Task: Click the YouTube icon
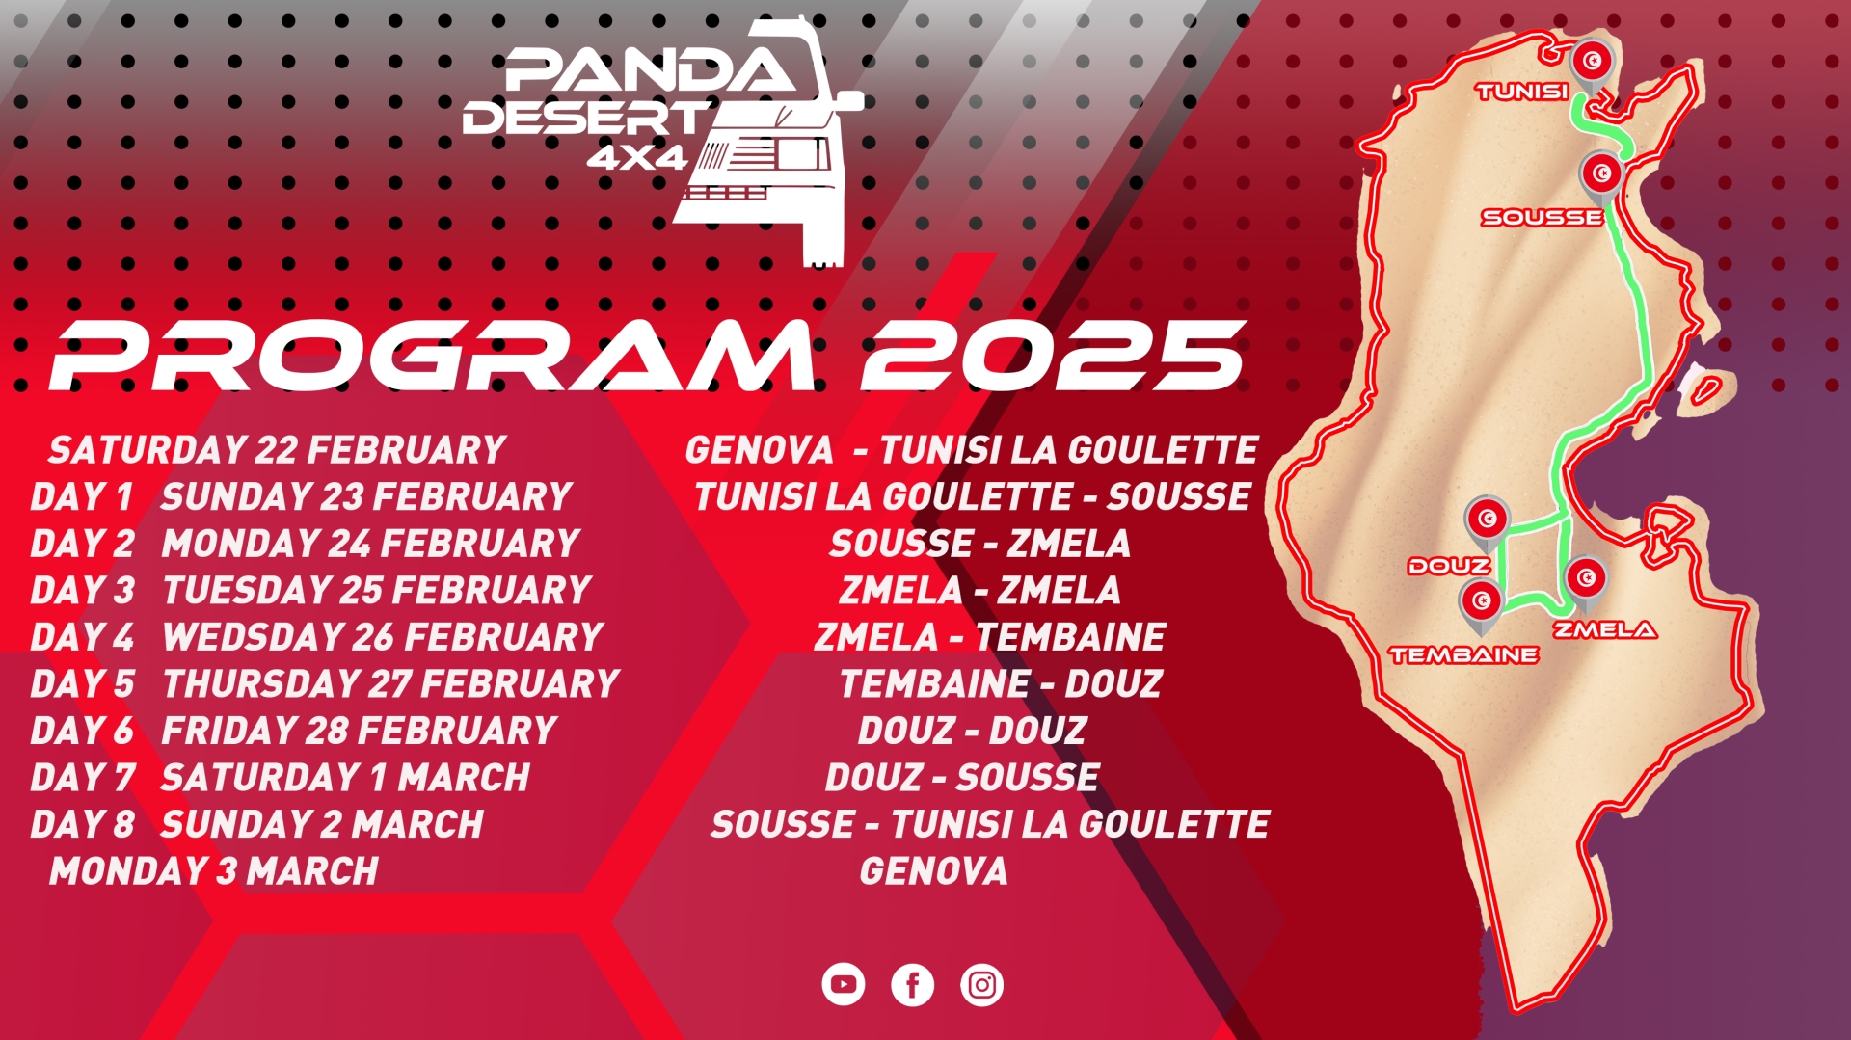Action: pos(844,985)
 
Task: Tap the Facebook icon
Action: pos(913,985)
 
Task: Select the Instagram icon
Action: pos(982,985)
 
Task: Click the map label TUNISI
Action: pos(1522,92)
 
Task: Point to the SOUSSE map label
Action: pos(1542,218)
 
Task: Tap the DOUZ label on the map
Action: pos(1449,566)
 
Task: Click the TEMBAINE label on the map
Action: pos(1463,655)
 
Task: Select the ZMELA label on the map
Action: pos(1604,630)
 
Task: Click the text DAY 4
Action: pos(82,637)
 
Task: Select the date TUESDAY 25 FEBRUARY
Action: pos(377,590)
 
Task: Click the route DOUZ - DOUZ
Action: pos(973,731)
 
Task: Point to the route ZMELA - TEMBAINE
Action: pos(990,637)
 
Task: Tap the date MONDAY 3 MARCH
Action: pos(214,871)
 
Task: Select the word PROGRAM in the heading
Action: pos(433,356)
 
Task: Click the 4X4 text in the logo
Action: pos(637,157)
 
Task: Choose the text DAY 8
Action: pos(82,825)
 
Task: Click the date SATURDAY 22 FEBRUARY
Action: pos(278,450)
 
